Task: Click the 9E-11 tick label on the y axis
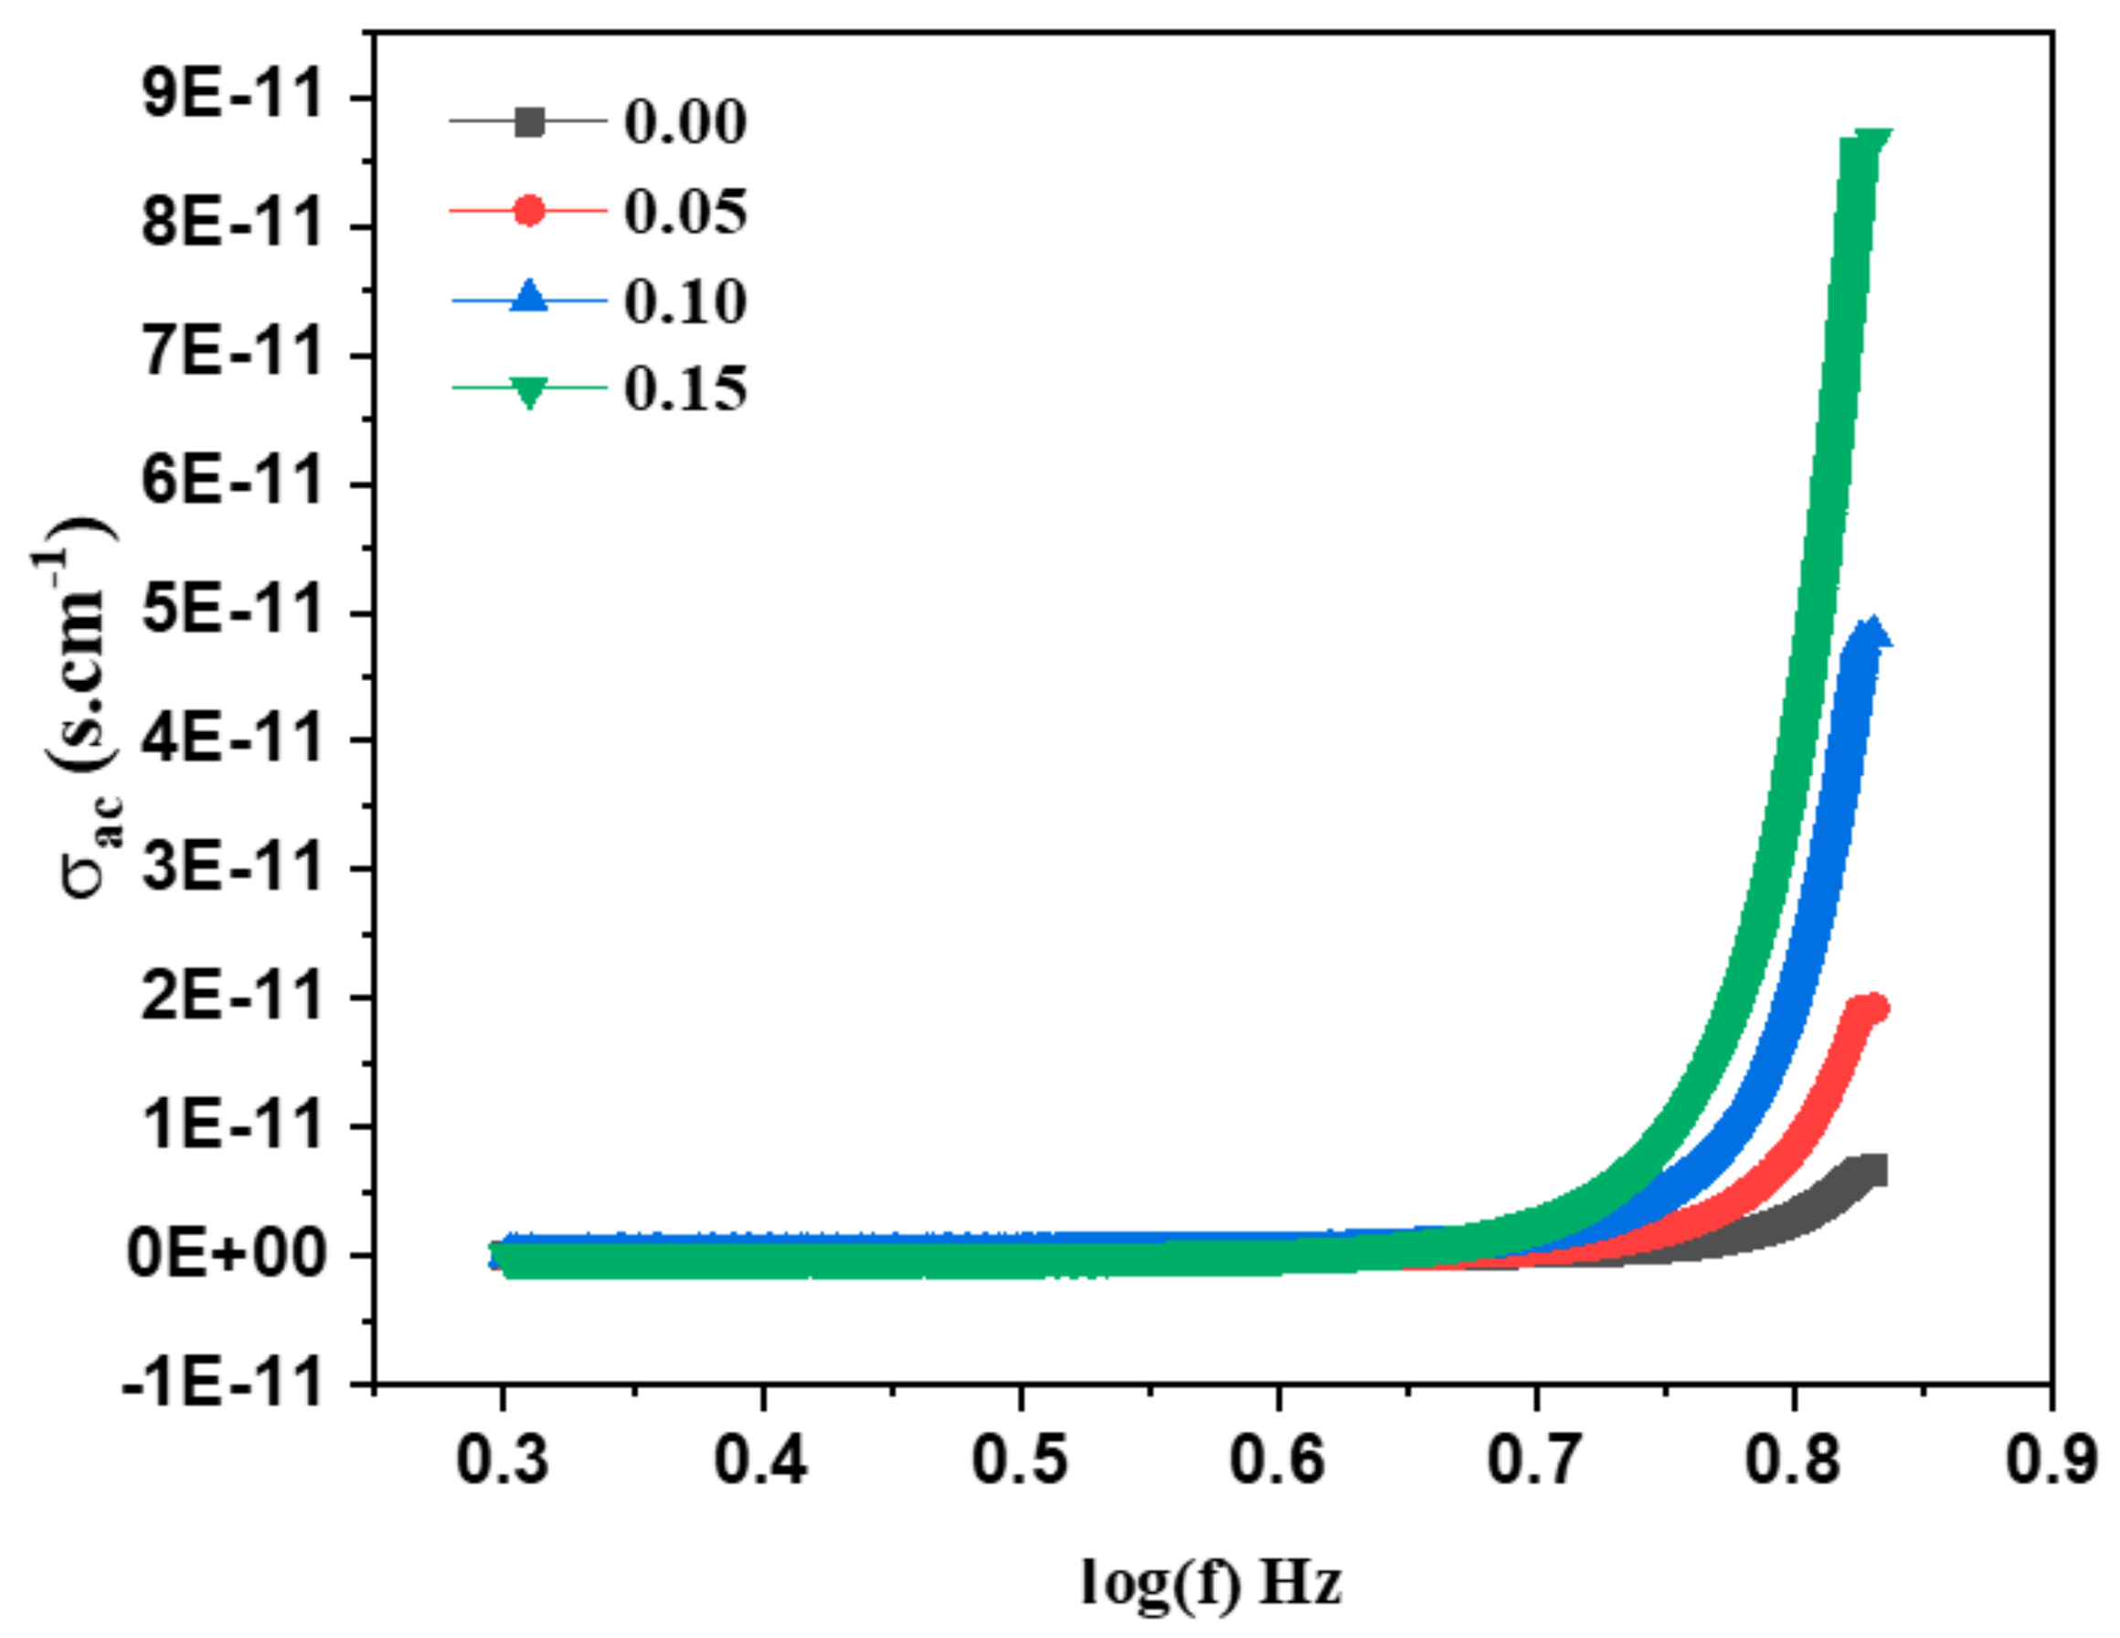pos(231,98)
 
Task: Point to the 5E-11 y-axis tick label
pos(231,612)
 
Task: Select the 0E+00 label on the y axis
pos(224,1255)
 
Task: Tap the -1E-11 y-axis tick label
pos(221,1383)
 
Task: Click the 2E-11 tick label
pos(231,998)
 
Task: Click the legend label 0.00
pos(685,123)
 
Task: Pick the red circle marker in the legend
pos(529,209)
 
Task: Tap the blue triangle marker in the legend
pos(529,297)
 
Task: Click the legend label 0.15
pos(685,390)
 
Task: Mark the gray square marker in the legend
pos(529,122)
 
